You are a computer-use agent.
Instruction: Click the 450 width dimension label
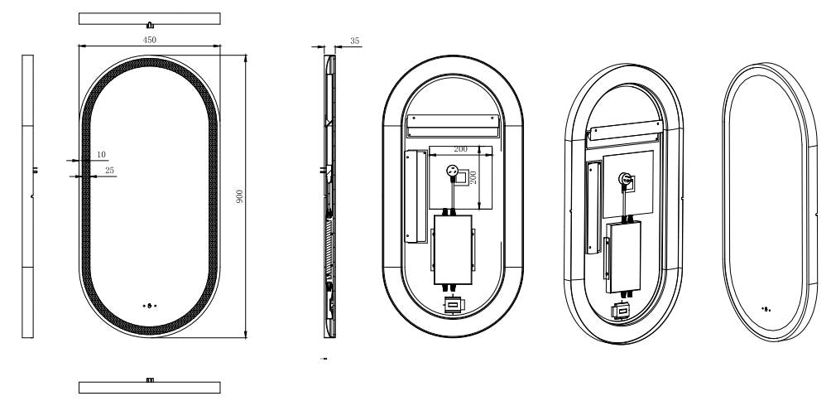(150, 39)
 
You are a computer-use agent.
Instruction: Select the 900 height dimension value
(239, 196)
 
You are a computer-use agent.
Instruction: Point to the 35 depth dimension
(355, 39)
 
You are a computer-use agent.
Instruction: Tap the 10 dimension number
(101, 154)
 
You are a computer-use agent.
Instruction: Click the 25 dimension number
(109, 171)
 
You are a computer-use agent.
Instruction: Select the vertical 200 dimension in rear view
(473, 176)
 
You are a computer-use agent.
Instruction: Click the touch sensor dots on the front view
(150, 305)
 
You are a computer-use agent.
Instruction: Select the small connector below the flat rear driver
(453, 305)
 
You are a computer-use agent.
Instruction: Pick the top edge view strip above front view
(150, 18)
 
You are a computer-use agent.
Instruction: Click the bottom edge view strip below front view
(150, 386)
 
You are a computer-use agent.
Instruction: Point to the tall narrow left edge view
(27, 196)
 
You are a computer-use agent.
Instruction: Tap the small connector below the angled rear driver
(622, 311)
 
